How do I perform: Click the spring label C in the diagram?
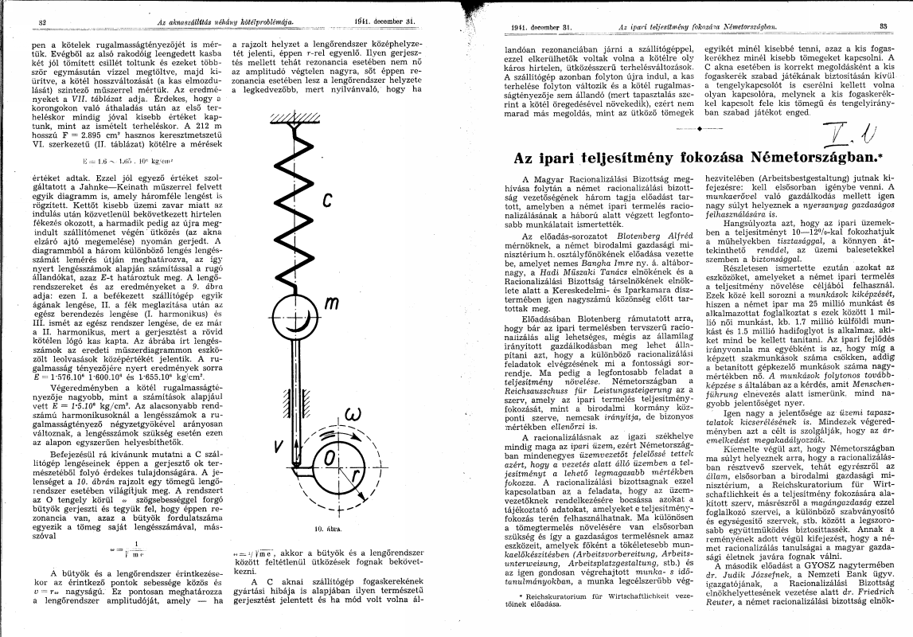[x=327, y=201]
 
